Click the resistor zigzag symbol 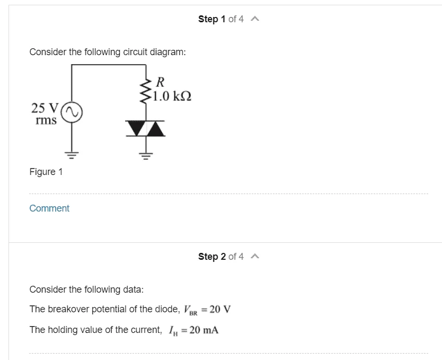(145, 91)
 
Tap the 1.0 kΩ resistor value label (172, 96)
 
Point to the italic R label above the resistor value (160, 82)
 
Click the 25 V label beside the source (45, 108)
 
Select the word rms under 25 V (46, 120)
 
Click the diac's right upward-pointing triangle (155, 128)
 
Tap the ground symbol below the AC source (72, 155)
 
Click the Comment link (49, 208)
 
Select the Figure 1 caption (46, 172)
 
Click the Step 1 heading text (211, 19)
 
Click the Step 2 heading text (212, 257)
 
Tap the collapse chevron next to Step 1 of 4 (254, 19)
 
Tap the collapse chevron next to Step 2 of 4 (254, 257)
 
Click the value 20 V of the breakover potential (220, 309)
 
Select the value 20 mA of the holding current (204, 330)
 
